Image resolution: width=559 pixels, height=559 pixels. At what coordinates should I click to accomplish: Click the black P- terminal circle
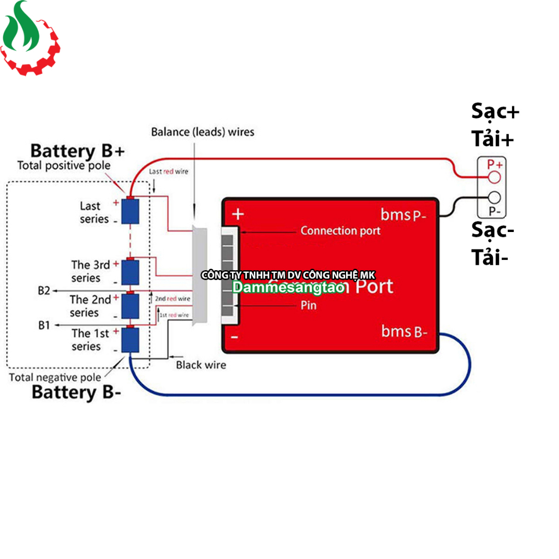coord(494,198)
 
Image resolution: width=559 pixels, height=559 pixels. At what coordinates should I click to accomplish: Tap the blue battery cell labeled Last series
coord(131,211)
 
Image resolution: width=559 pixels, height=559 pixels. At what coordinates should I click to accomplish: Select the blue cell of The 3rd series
coord(131,272)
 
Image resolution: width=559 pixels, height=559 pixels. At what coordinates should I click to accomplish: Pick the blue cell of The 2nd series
coord(131,306)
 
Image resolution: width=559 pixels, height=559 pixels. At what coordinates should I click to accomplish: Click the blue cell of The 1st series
coord(131,340)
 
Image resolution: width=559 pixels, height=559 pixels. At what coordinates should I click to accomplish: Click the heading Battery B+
coord(78,151)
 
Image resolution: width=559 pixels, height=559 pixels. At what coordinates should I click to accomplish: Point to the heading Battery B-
coord(76,392)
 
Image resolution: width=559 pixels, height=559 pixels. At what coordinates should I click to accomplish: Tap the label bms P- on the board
coord(403,215)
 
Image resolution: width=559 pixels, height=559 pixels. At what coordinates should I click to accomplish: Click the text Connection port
coord(340,231)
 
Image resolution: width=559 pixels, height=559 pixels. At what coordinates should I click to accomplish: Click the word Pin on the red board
coord(308,305)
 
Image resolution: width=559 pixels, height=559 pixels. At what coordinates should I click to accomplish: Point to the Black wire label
coord(201,365)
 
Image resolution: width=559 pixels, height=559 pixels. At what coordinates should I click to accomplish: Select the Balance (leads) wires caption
coord(203,132)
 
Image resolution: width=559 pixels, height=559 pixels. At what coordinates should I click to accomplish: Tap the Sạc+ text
coord(495,112)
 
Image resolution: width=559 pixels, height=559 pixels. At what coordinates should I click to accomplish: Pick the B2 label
coord(44,291)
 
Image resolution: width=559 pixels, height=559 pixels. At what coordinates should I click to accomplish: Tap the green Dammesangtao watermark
coord(288,287)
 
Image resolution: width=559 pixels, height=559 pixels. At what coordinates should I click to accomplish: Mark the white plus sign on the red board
coord(237,214)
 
